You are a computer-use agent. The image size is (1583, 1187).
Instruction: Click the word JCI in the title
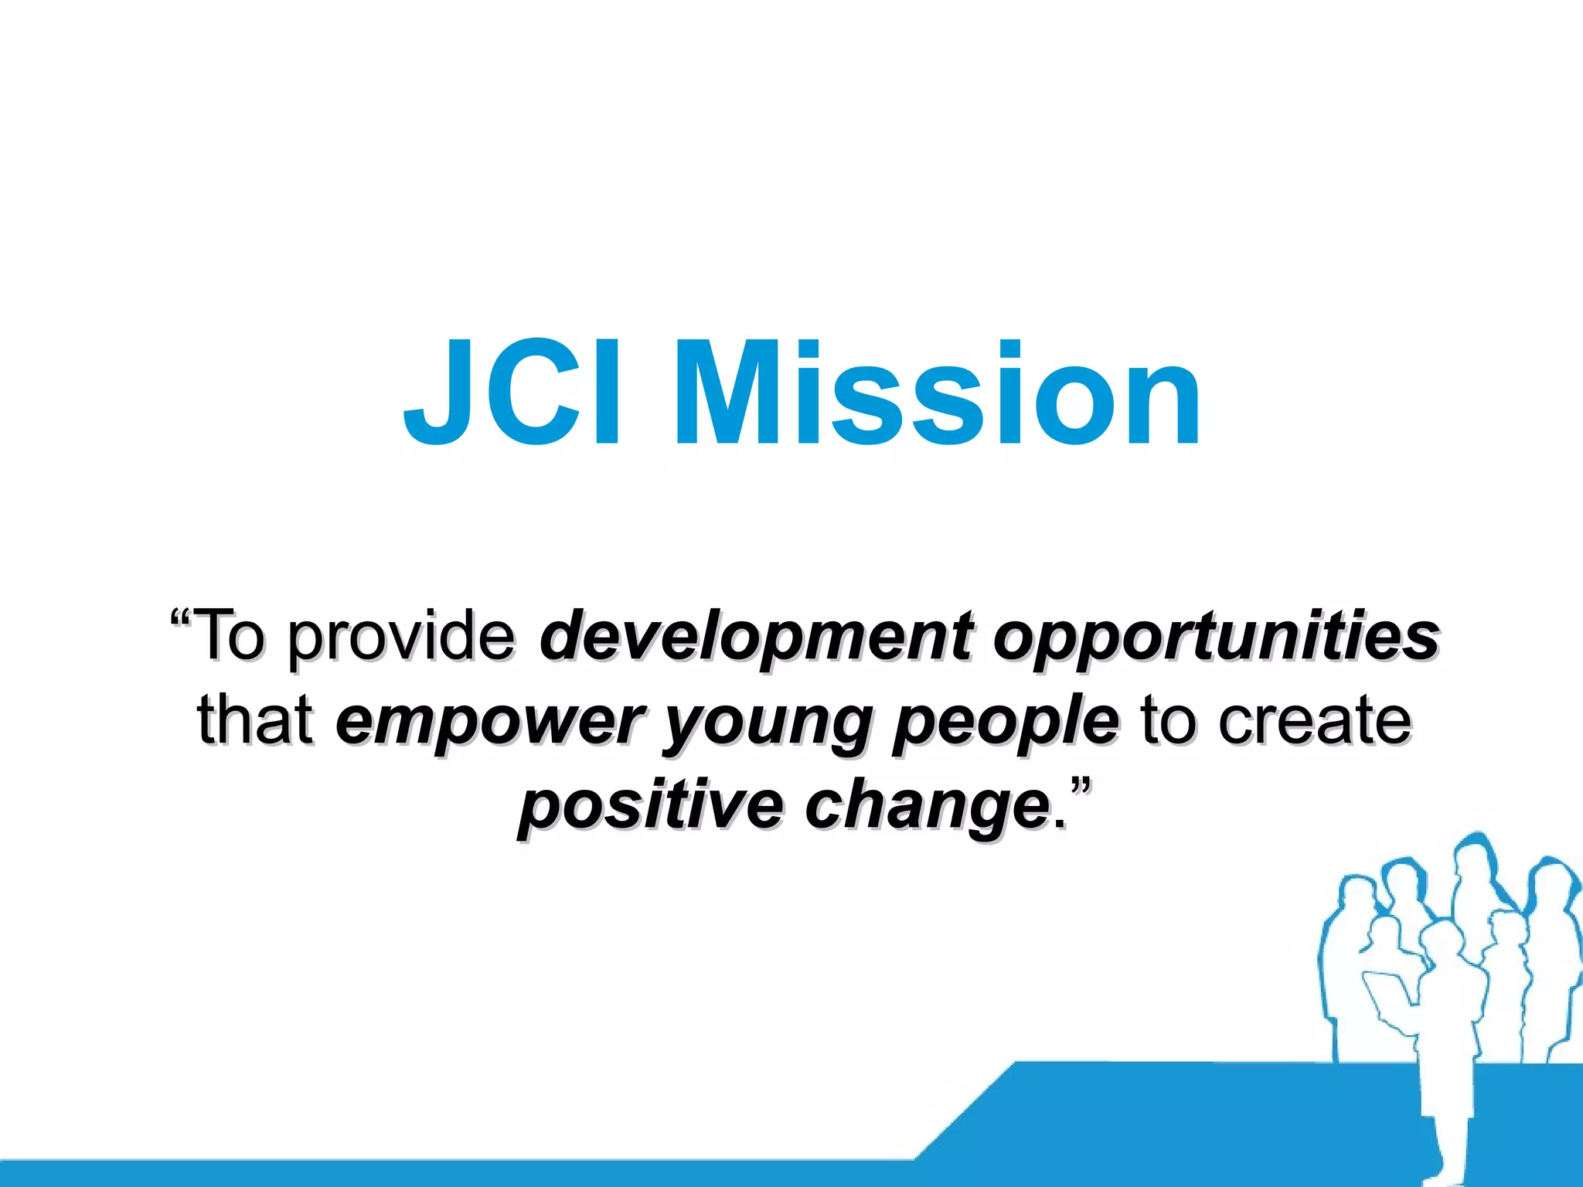click(x=511, y=394)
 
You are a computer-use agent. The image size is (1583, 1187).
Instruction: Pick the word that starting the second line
click(x=255, y=720)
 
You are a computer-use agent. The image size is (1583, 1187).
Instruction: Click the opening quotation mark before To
click(x=181, y=619)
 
